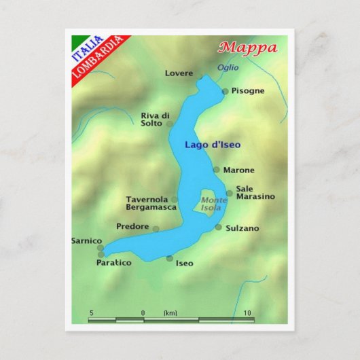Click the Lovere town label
pos(179,73)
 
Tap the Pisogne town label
pos(247,90)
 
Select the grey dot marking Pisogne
pos(226,91)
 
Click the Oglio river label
pos(228,67)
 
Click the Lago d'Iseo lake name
pos(213,145)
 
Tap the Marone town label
pos(238,170)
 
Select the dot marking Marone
pos(217,170)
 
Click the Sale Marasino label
pos(255,193)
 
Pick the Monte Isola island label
pos(214,204)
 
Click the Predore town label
pos(132,227)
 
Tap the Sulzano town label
pos(242,229)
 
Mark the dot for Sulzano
pos(219,228)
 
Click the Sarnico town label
pos(86,241)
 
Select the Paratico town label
pos(113,263)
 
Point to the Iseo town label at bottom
pos(184,264)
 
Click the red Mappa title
pos(248,48)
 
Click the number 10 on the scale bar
pos(247,313)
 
